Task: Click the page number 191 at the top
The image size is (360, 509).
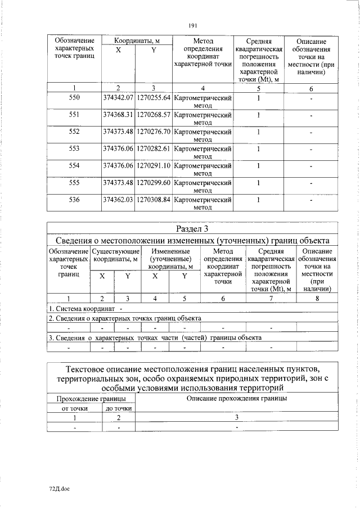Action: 192,25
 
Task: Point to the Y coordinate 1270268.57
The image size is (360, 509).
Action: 153,115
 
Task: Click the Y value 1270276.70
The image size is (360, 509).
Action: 153,132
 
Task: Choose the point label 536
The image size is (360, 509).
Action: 74,199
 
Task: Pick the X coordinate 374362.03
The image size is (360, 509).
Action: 118,199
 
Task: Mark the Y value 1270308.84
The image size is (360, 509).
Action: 153,199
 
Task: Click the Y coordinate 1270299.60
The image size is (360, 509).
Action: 153,182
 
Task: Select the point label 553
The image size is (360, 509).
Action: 74,148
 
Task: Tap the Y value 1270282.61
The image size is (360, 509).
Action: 153,148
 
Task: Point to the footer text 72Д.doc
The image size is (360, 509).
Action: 58,488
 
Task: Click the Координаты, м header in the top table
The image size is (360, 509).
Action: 136,41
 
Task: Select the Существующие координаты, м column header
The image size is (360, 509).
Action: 115,255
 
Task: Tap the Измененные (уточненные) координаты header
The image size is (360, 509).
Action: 169,259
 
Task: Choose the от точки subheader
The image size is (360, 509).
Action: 74,408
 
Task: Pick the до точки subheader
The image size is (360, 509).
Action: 119,408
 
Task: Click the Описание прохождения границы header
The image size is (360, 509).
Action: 237,398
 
